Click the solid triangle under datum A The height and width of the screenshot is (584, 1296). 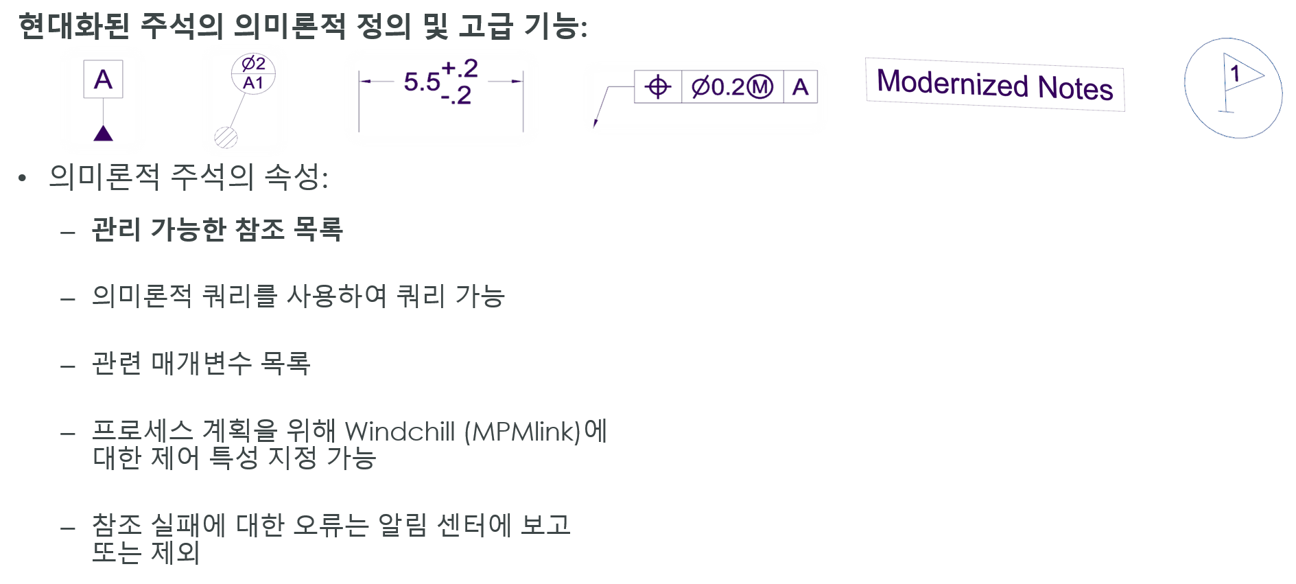(103, 133)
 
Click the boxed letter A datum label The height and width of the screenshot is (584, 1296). (103, 80)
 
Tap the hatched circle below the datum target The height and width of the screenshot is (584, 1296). (226, 137)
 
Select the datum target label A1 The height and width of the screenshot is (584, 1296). (253, 84)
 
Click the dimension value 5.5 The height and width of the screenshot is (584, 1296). (421, 82)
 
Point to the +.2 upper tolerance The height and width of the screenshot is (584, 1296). (460, 68)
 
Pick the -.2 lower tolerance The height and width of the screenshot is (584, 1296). (456, 96)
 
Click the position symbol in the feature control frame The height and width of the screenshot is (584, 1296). (658, 87)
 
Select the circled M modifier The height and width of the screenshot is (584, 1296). (759, 87)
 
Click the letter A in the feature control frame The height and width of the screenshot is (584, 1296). (800, 87)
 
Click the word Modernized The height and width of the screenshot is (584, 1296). (952, 83)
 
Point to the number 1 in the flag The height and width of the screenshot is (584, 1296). (1235, 73)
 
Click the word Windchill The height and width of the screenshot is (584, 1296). (400, 432)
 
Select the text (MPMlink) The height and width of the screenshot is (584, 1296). (522, 432)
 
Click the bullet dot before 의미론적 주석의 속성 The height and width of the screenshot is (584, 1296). (23, 179)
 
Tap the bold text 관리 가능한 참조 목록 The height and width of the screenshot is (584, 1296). (217, 229)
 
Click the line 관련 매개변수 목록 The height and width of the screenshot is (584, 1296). (201, 363)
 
